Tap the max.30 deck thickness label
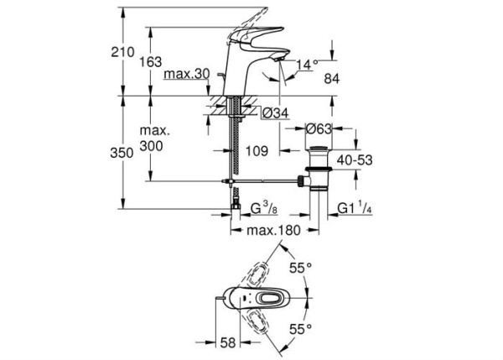[187, 76]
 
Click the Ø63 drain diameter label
[321, 129]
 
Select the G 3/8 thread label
[248, 206]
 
